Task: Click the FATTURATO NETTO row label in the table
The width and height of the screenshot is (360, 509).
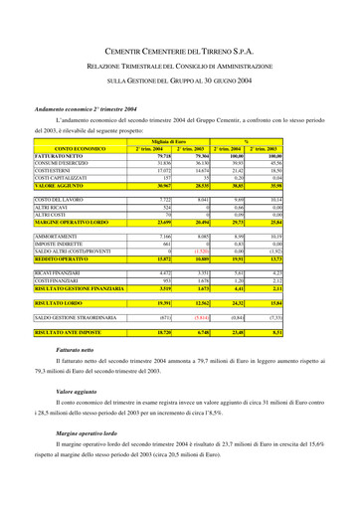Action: (x=59, y=157)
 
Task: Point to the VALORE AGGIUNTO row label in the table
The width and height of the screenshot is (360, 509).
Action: (x=60, y=186)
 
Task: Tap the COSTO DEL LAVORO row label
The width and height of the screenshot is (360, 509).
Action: (x=59, y=200)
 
